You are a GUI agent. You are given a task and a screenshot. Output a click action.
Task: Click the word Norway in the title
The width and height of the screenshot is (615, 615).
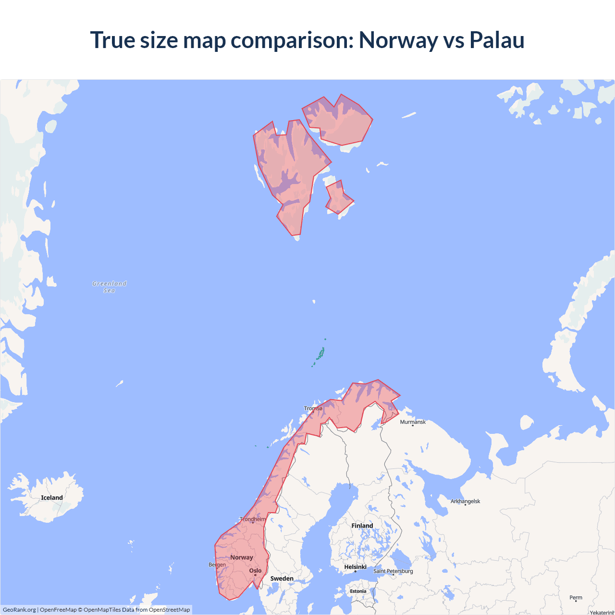point(398,40)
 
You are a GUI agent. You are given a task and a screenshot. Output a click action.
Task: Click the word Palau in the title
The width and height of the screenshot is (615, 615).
point(496,40)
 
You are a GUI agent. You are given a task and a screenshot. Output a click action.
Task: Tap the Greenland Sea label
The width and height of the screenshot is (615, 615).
point(110,287)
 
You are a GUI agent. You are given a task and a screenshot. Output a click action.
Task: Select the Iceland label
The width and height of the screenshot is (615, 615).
point(52,498)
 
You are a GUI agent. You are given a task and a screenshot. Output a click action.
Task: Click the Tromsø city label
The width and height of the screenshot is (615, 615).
point(313,408)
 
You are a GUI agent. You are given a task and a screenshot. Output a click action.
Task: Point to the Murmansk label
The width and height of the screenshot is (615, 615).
point(413,422)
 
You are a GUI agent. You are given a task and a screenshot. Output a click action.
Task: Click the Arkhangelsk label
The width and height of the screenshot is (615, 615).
point(465,501)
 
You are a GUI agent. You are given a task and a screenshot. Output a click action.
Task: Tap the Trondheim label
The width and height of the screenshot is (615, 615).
point(253,519)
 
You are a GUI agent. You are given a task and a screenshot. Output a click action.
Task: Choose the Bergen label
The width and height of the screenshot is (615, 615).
point(217,565)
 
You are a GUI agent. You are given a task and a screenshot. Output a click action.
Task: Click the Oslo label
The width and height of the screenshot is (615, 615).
point(255,571)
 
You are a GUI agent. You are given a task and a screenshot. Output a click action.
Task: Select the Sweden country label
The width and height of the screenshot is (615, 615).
point(282,578)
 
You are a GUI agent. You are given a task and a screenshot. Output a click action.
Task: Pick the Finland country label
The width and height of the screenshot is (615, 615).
point(362,526)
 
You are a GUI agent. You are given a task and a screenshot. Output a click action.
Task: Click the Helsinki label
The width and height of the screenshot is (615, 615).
point(355,567)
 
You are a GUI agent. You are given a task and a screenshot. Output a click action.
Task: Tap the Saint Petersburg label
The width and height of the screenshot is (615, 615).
point(393,571)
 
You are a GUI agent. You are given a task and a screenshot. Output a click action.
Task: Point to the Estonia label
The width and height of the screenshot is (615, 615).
point(358,591)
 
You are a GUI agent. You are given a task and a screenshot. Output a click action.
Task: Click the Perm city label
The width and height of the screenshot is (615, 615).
point(576,598)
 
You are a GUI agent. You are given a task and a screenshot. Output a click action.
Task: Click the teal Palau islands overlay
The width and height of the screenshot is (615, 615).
point(320,355)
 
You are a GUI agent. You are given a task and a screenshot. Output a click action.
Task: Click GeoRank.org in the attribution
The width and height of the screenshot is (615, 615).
point(19,610)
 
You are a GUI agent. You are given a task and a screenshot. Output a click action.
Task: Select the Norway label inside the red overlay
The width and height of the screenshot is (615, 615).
point(241,557)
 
